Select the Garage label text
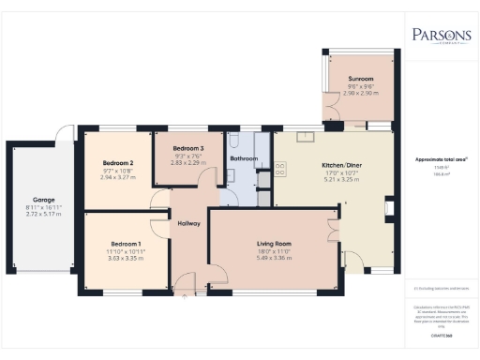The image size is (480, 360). point(42,200)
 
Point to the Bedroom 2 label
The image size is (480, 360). point(118,162)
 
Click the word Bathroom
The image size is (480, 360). point(244,159)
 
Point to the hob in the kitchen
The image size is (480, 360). point(279,170)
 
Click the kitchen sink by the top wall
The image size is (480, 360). point(306,138)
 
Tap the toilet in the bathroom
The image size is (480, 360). point(234,141)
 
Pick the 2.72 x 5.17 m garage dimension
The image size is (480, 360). point(42,214)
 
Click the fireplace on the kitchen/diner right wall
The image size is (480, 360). point(389,210)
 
